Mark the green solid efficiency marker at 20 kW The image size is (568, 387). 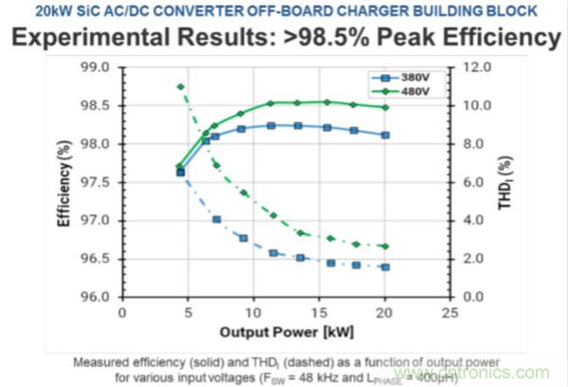point(384,107)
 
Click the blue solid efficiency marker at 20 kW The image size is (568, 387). point(384,135)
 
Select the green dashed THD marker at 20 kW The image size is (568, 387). point(384,246)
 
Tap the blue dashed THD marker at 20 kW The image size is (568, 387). point(384,267)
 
